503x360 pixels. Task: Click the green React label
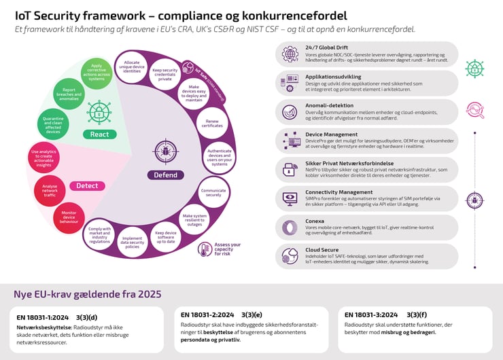pyautogui.click(x=100, y=134)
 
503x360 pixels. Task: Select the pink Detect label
pyautogui.click(x=87, y=185)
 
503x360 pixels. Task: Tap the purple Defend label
pyautogui.click(x=166, y=175)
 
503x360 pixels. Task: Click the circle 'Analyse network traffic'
pyautogui.click(x=50, y=192)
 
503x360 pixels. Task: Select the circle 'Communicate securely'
pyautogui.click(x=213, y=192)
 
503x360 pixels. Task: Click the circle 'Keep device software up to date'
pyautogui.click(x=165, y=238)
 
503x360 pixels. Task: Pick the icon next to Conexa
pyautogui.click(x=290, y=227)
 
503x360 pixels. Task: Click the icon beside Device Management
pyautogui.click(x=290, y=141)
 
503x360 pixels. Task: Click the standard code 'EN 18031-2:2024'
pyautogui.click(x=207, y=315)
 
